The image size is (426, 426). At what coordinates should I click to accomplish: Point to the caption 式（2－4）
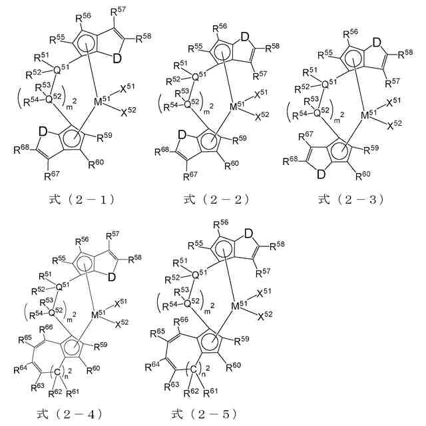tap(69, 414)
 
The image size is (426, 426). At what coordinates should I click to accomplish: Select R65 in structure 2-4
tap(25, 340)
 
